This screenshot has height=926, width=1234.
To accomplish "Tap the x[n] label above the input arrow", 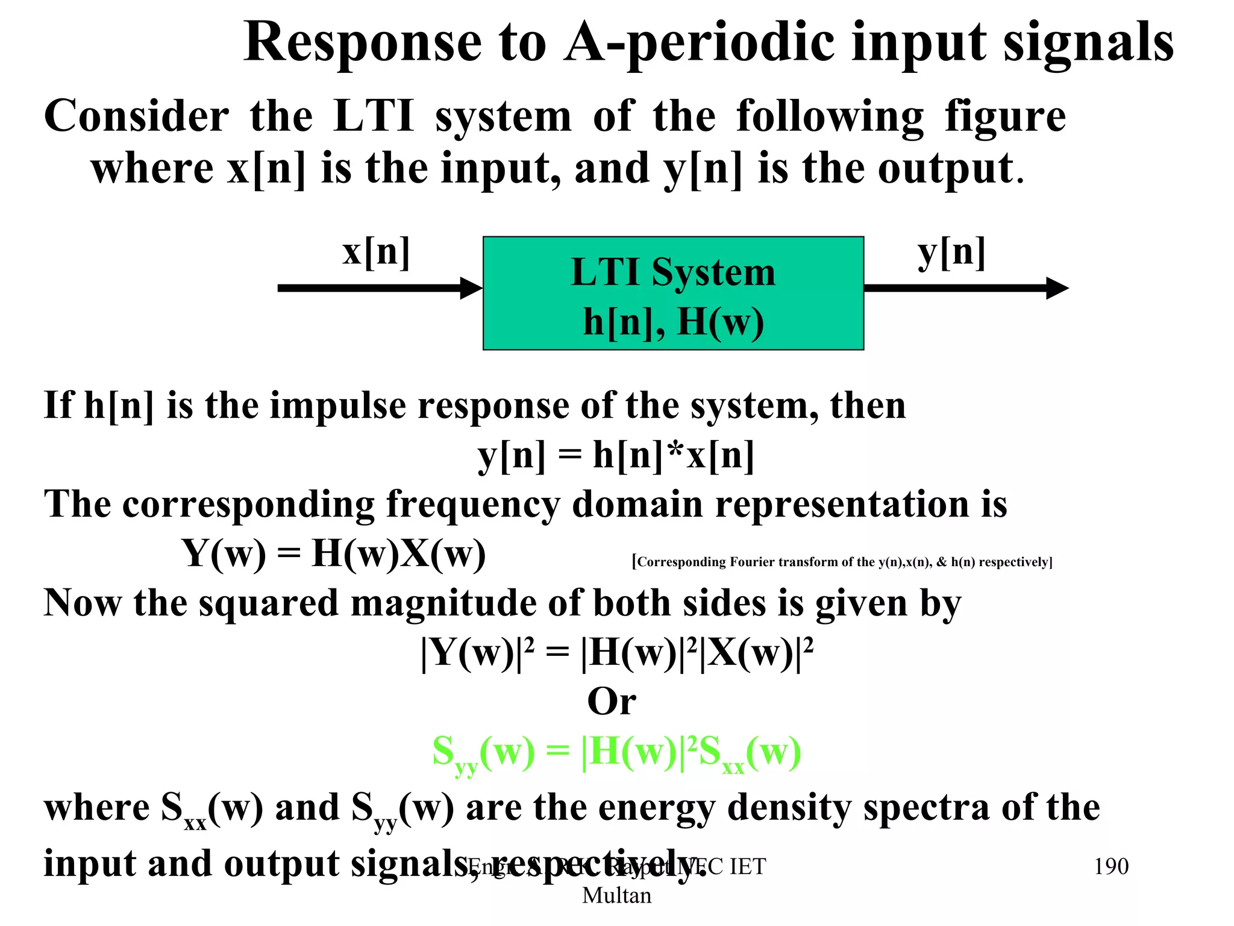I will (x=376, y=251).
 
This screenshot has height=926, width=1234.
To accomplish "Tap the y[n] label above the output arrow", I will (x=951, y=253).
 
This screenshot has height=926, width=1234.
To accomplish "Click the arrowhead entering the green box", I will (x=471, y=288).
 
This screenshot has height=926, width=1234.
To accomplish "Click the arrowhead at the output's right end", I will (x=1057, y=288).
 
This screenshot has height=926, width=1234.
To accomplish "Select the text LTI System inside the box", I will (x=673, y=272).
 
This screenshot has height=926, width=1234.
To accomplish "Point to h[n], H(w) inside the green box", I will (x=673, y=322).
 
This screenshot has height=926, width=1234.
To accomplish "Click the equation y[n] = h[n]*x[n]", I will (x=616, y=455).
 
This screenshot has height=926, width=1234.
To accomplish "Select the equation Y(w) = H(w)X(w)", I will (x=333, y=553).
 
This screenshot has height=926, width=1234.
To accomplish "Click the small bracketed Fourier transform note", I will (x=842, y=562).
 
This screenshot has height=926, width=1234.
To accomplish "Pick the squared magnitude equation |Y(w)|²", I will (x=617, y=652).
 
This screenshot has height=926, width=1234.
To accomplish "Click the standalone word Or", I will (x=612, y=702).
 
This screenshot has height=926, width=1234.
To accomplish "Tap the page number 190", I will (x=1110, y=867).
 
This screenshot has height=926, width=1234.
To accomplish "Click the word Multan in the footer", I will (x=616, y=896).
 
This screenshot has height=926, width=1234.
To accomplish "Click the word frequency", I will (x=473, y=505).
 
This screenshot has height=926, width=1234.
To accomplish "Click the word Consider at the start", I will (x=136, y=117).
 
